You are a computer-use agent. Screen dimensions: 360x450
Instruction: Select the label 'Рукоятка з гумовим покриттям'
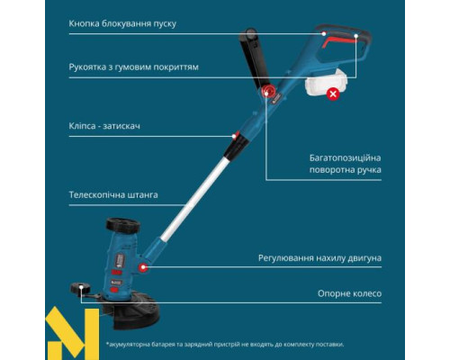tap(133, 67)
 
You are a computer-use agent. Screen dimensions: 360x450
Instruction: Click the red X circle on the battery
tap(333, 93)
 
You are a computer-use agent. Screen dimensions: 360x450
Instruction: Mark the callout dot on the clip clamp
tap(235, 137)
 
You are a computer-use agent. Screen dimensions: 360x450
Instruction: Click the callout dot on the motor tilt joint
tap(145, 268)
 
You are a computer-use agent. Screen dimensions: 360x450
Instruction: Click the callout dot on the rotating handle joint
tap(266, 93)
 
